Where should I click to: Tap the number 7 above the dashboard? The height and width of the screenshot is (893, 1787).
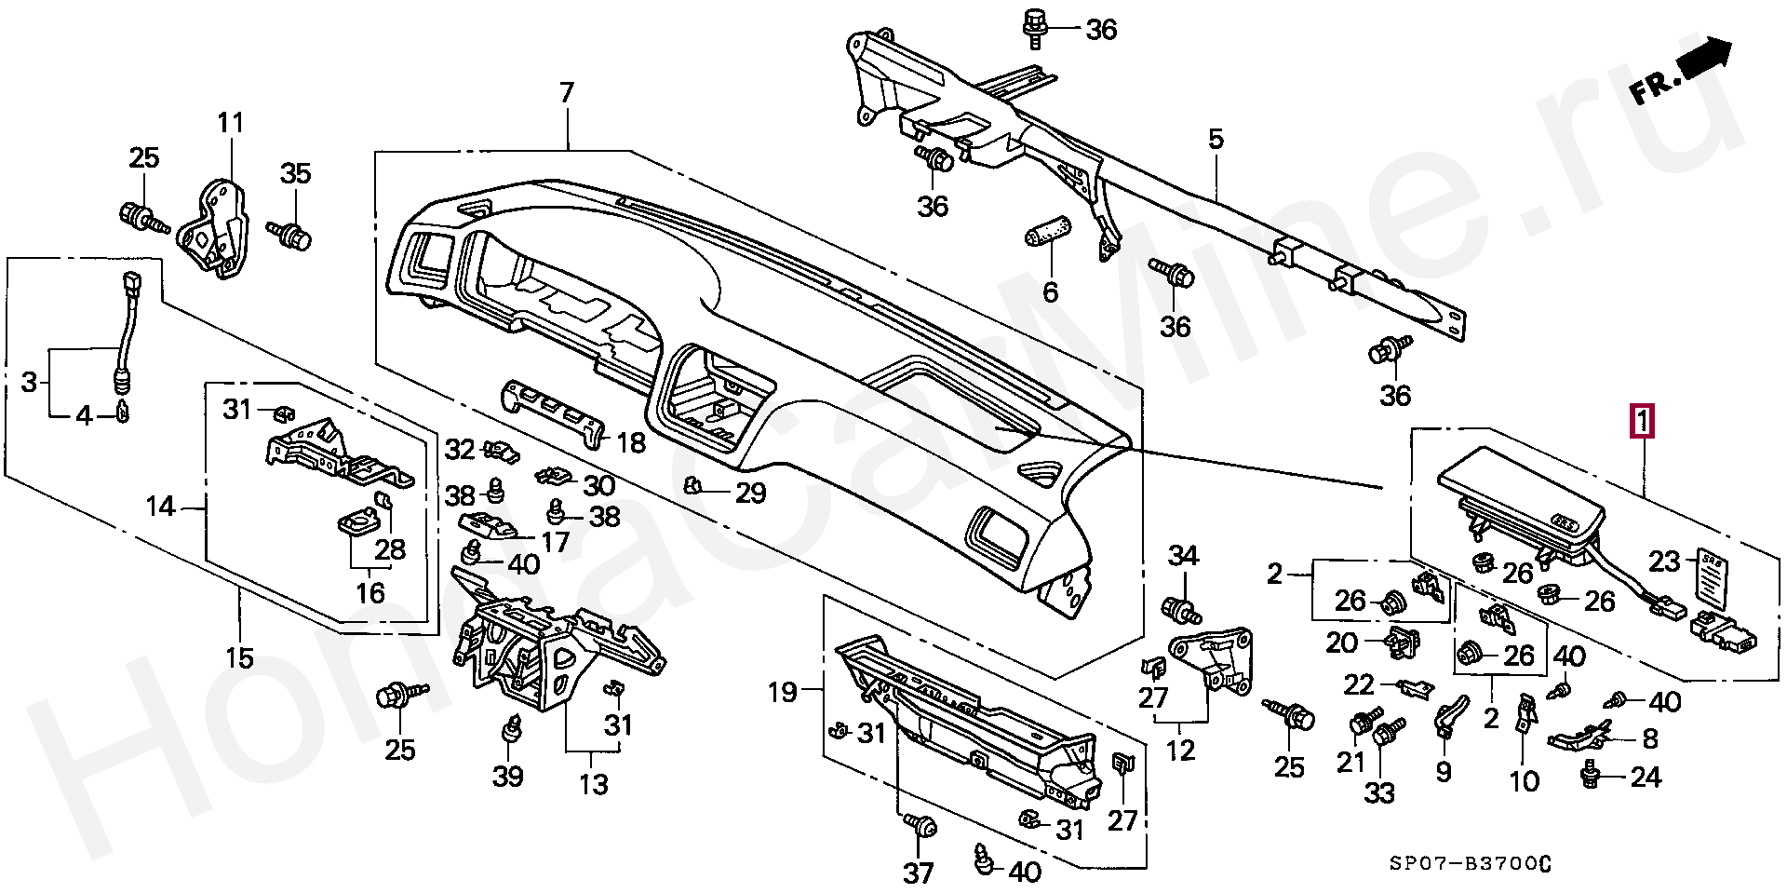pyautogui.click(x=567, y=93)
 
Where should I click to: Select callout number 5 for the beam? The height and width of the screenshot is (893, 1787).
pyautogui.click(x=1216, y=141)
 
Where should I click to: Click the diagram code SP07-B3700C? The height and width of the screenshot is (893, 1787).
pyautogui.click(x=1471, y=864)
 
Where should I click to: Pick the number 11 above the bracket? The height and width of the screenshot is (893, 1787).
pyautogui.click(x=230, y=123)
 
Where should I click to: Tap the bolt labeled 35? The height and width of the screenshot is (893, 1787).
pyautogui.click(x=292, y=234)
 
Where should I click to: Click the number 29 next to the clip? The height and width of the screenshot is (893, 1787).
pyautogui.click(x=750, y=493)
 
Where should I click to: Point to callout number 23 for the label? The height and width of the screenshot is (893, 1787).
pyautogui.click(x=1664, y=561)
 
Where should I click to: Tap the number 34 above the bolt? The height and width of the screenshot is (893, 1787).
pyautogui.click(x=1183, y=556)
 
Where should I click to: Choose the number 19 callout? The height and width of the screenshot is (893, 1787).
pyautogui.click(x=783, y=692)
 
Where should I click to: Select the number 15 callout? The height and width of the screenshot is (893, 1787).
pyautogui.click(x=239, y=657)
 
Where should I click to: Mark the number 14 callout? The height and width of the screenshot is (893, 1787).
pyautogui.click(x=161, y=507)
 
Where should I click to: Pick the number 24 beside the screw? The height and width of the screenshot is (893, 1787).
pyautogui.click(x=1646, y=777)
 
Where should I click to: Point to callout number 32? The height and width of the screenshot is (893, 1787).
pyautogui.click(x=460, y=450)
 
